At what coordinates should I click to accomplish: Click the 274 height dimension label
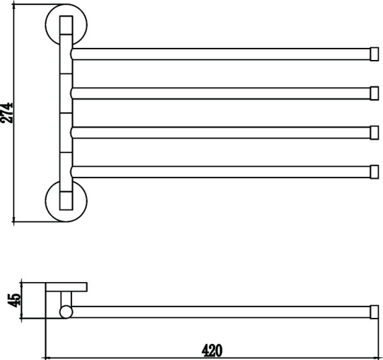[6, 112]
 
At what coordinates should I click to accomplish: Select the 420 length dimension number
[212, 350]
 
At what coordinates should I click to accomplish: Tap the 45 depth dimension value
[14, 300]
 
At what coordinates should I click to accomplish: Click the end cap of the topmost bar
[375, 54]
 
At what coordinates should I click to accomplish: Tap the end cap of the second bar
[375, 93]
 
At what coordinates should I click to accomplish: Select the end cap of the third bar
[375, 133]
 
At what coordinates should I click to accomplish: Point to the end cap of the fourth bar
[375, 172]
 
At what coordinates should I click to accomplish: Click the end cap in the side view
[375, 312]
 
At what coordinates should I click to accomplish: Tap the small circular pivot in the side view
[66, 312]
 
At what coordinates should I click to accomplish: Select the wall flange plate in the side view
[66, 287]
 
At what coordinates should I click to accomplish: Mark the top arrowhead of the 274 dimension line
[13, 4]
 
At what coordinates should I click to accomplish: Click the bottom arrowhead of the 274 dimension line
[13, 221]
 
